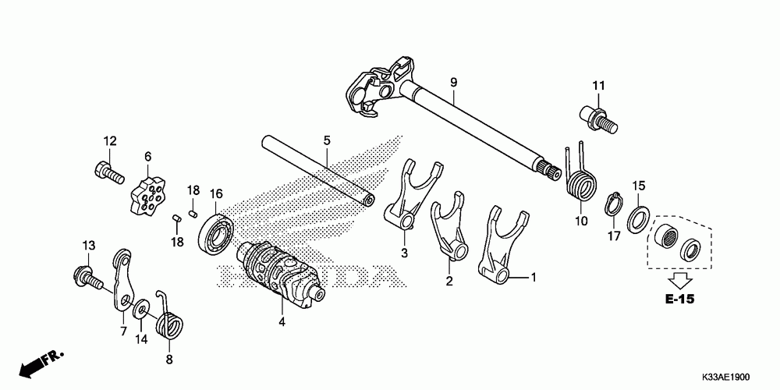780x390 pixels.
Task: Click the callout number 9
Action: [x=452, y=82]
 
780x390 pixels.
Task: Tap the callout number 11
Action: [x=599, y=85]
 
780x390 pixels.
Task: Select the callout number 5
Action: [x=328, y=140]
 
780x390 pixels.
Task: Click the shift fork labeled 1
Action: [x=496, y=245]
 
